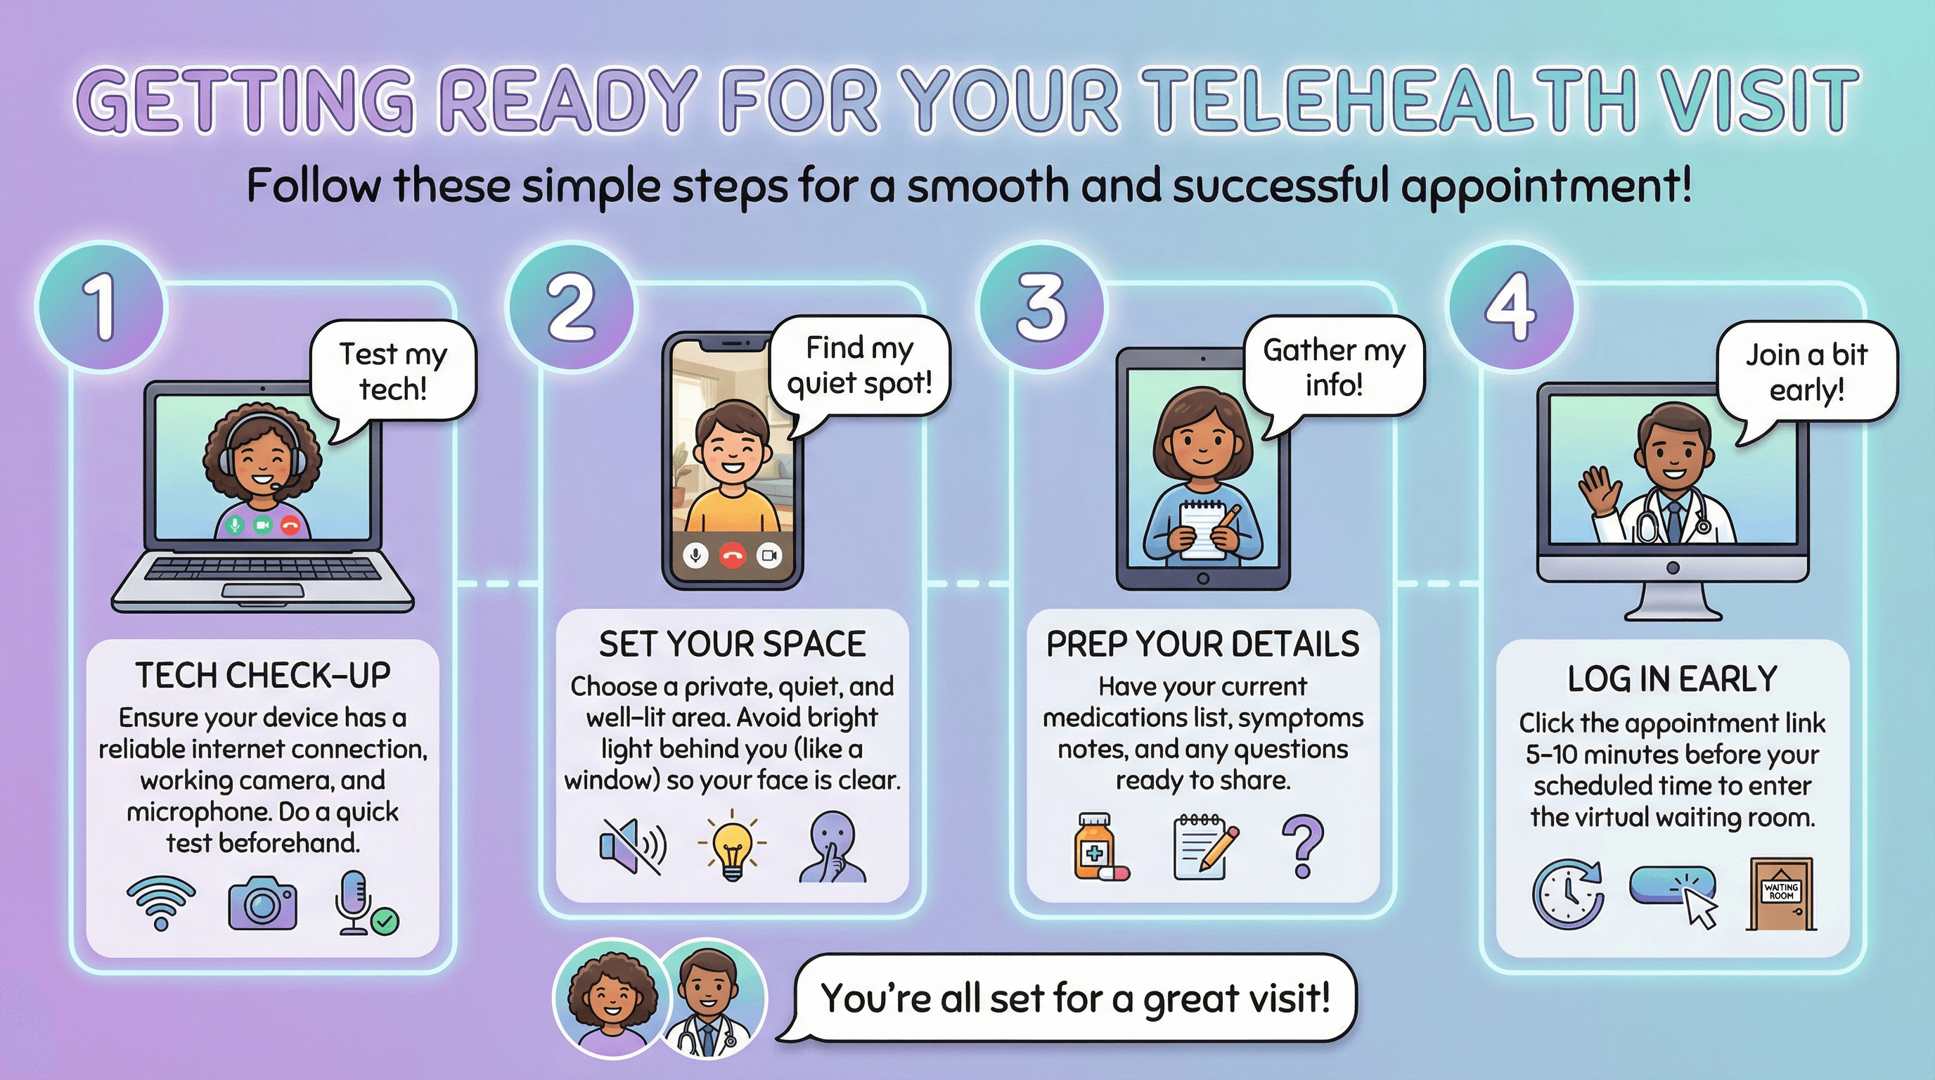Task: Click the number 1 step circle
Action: pos(101,306)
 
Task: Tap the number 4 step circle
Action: pos(1510,306)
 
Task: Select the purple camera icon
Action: pos(262,903)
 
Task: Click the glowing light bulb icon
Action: pos(733,847)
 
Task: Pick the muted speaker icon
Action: pos(634,846)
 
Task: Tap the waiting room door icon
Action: pos(1781,894)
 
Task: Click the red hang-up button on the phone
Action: pos(733,555)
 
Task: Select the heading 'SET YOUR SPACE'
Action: pos(733,644)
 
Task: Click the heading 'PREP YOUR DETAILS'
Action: pos(1202,644)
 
